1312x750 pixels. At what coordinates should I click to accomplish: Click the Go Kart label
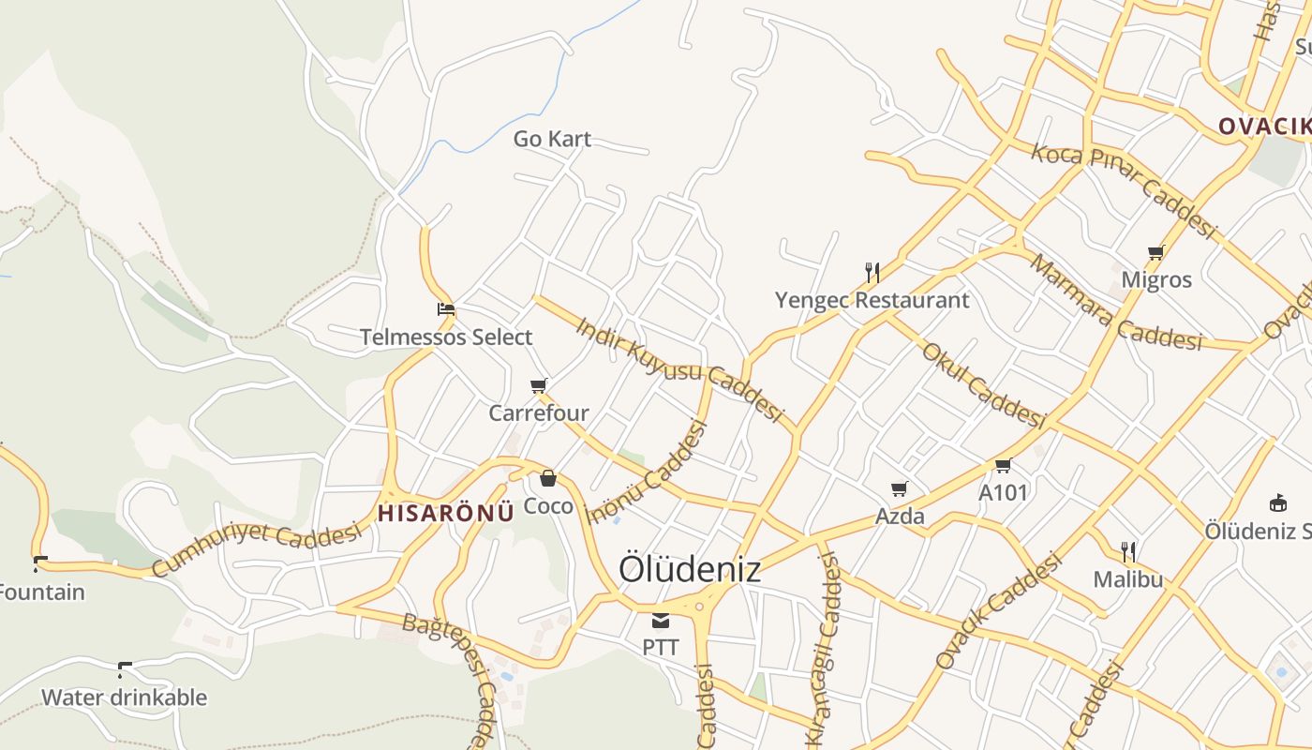click(x=552, y=139)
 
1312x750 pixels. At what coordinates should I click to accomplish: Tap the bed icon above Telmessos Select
click(x=446, y=309)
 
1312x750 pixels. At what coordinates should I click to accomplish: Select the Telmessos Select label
click(x=446, y=337)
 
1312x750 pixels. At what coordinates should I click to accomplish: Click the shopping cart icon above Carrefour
click(x=539, y=385)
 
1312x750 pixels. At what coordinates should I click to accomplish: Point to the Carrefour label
click(x=539, y=412)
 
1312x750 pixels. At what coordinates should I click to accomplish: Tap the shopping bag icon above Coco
click(x=548, y=479)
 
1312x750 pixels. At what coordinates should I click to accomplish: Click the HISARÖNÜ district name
click(x=446, y=513)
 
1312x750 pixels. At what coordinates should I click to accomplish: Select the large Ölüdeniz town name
click(x=690, y=569)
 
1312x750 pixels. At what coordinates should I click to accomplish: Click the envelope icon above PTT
click(x=661, y=620)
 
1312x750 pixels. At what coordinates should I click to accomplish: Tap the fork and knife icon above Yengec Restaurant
click(x=872, y=273)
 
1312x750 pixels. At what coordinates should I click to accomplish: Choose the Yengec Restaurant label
click(x=872, y=300)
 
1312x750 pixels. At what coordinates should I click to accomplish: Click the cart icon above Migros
click(x=1156, y=252)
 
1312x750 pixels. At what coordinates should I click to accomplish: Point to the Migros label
click(x=1156, y=279)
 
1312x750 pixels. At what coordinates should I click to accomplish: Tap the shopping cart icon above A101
click(x=1004, y=465)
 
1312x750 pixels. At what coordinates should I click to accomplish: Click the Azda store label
click(x=900, y=516)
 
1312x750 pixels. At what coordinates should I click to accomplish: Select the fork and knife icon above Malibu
click(x=1128, y=551)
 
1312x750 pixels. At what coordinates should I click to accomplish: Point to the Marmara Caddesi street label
click(x=1115, y=303)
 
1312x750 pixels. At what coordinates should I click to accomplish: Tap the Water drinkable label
click(x=124, y=697)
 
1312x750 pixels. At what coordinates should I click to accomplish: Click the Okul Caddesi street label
click(x=983, y=385)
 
